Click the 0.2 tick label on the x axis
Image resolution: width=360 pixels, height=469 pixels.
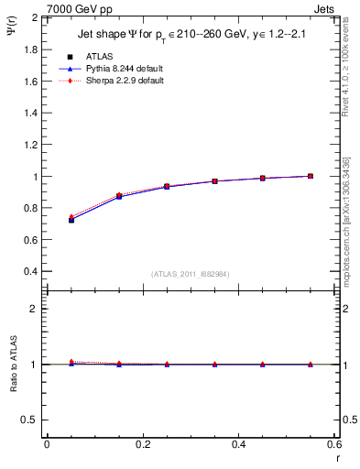click(x=142, y=444)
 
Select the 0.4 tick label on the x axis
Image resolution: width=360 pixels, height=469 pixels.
click(x=238, y=444)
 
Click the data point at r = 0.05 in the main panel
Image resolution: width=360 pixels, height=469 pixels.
click(x=71, y=220)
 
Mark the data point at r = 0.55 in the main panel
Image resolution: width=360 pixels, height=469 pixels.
click(x=311, y=176)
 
